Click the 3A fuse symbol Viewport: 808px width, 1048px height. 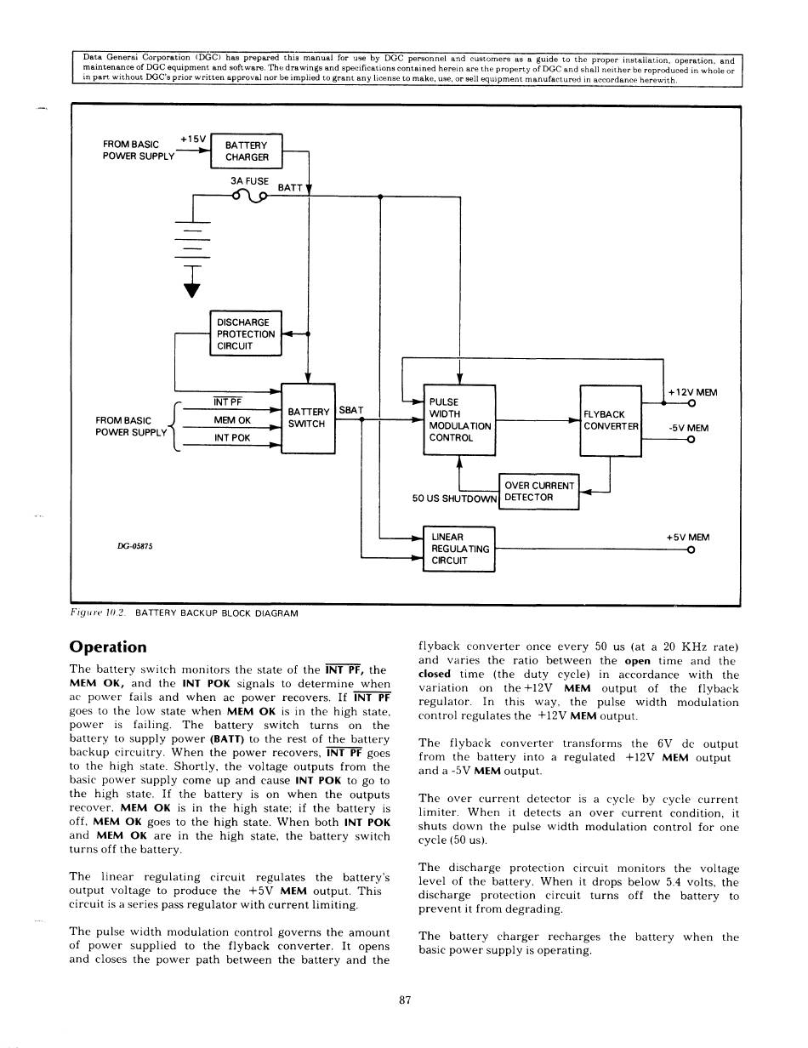(x=250, y=196)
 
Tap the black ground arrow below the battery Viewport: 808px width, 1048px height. (x=193, y=290)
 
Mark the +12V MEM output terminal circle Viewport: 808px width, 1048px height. (x=691, y=404)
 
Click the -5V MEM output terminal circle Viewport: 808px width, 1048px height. (x=691, y=439)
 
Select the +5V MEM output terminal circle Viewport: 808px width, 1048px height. (x=691, y=550)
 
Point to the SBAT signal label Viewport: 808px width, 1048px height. (x=351, y=410)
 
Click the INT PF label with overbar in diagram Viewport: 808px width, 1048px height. (x=228, y=402)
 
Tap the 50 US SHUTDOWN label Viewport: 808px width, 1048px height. (x=454, y=498)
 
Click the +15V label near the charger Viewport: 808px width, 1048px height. (x=193, y=140)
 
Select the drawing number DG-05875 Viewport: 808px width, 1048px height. (x=132, y=546)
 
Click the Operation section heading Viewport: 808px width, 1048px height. (x=108, y=646)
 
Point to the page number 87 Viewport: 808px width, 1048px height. (x=405, y=1000)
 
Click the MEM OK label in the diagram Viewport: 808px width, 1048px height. (x=232, y=420)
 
